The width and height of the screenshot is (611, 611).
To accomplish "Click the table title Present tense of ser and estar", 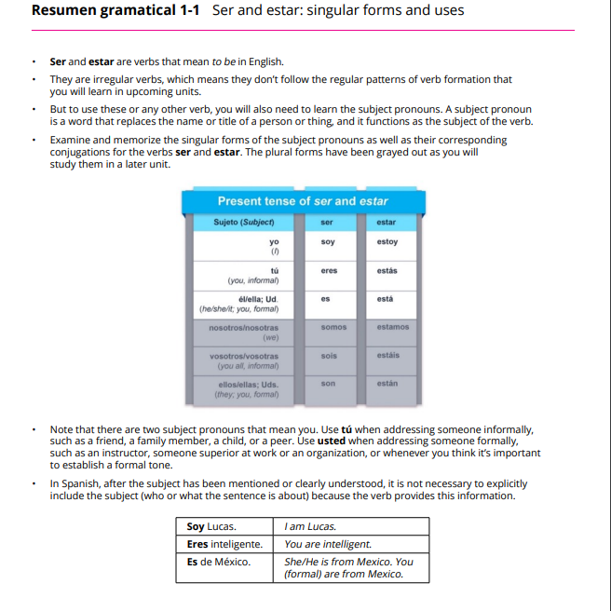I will (303, 201).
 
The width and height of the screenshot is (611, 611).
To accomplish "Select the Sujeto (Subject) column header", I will (243, 223).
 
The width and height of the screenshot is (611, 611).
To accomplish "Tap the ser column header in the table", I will (327, 223).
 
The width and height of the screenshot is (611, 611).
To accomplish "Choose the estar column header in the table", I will (387, 223).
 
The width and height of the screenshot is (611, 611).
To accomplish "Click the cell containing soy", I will (327, 242).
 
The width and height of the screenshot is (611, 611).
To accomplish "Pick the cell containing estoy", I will (387, 242).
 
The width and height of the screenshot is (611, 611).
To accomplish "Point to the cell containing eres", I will (328, 271).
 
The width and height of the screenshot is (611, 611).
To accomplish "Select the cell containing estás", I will (387, 271).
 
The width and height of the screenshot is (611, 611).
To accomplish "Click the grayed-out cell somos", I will (333, 327).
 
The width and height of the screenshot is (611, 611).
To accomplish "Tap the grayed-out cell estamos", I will (392, 327).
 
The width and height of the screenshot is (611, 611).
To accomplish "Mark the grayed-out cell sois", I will (329, 355).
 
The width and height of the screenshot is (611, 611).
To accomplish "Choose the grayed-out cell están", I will (387, 383).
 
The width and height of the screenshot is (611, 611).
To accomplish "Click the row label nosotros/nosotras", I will (243, 328).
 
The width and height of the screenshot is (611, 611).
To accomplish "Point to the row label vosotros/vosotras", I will (244, 356).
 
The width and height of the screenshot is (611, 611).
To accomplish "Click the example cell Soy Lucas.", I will (211, 527).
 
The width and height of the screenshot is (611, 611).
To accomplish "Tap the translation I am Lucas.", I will (310, 527).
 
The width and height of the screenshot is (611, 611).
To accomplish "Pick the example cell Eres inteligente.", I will (224, 544).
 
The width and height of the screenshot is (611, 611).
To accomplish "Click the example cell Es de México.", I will (219, 561).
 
